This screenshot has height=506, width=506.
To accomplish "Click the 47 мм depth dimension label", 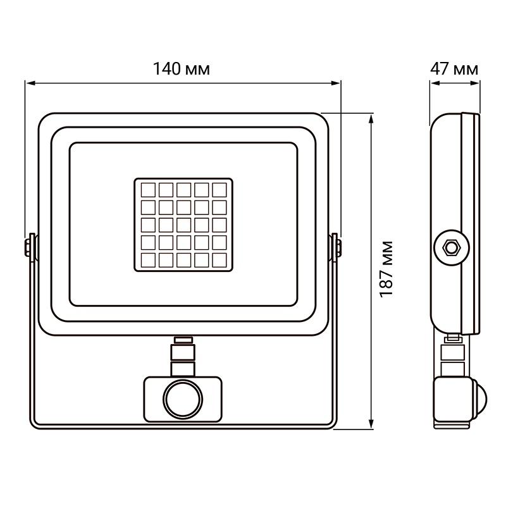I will point(454,69).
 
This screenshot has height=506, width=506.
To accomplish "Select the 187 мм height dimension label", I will point(387,269).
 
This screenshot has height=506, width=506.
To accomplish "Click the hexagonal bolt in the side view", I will point(451,245).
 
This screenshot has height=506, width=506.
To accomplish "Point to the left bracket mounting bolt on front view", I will point(30,245).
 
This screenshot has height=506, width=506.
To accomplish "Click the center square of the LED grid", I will point(183,225).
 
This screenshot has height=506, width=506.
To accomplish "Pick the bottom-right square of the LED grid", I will point(219,259).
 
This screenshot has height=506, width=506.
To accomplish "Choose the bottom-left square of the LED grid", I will point(149,259).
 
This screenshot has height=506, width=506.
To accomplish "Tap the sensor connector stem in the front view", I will point(183,357).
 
